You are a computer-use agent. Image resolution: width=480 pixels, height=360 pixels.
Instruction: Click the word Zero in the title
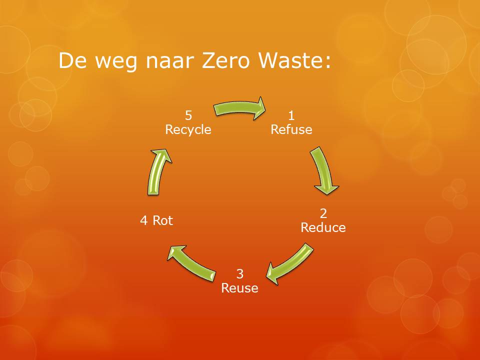[x=226, y=60]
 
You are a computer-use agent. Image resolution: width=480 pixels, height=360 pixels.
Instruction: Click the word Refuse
[x=291, y=129]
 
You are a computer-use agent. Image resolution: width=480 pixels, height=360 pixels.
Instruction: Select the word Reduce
[x=323, y=227]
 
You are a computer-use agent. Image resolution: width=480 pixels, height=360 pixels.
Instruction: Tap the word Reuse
[x=239, y=288]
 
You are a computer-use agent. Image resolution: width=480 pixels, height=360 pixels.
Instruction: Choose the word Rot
[x=163, y=220]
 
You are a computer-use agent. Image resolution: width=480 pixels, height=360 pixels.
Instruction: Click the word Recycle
[x=188, y=130]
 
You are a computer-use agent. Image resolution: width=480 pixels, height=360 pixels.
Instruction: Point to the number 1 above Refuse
[x=291, y=115]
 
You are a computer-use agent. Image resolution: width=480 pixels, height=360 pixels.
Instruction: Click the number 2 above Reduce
[x=323, y=213]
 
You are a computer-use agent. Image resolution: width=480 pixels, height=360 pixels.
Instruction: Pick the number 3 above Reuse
[x=240, y=273]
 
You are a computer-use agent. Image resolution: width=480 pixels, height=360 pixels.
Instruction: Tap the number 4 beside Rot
[x=143, y=220]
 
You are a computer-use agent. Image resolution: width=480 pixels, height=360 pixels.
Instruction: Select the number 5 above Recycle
[x=188, y=115]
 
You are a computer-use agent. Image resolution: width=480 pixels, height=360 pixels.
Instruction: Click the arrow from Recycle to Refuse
[x=239, y=108]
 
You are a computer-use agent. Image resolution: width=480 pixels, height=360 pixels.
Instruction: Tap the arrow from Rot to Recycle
[x=158, y=172]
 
